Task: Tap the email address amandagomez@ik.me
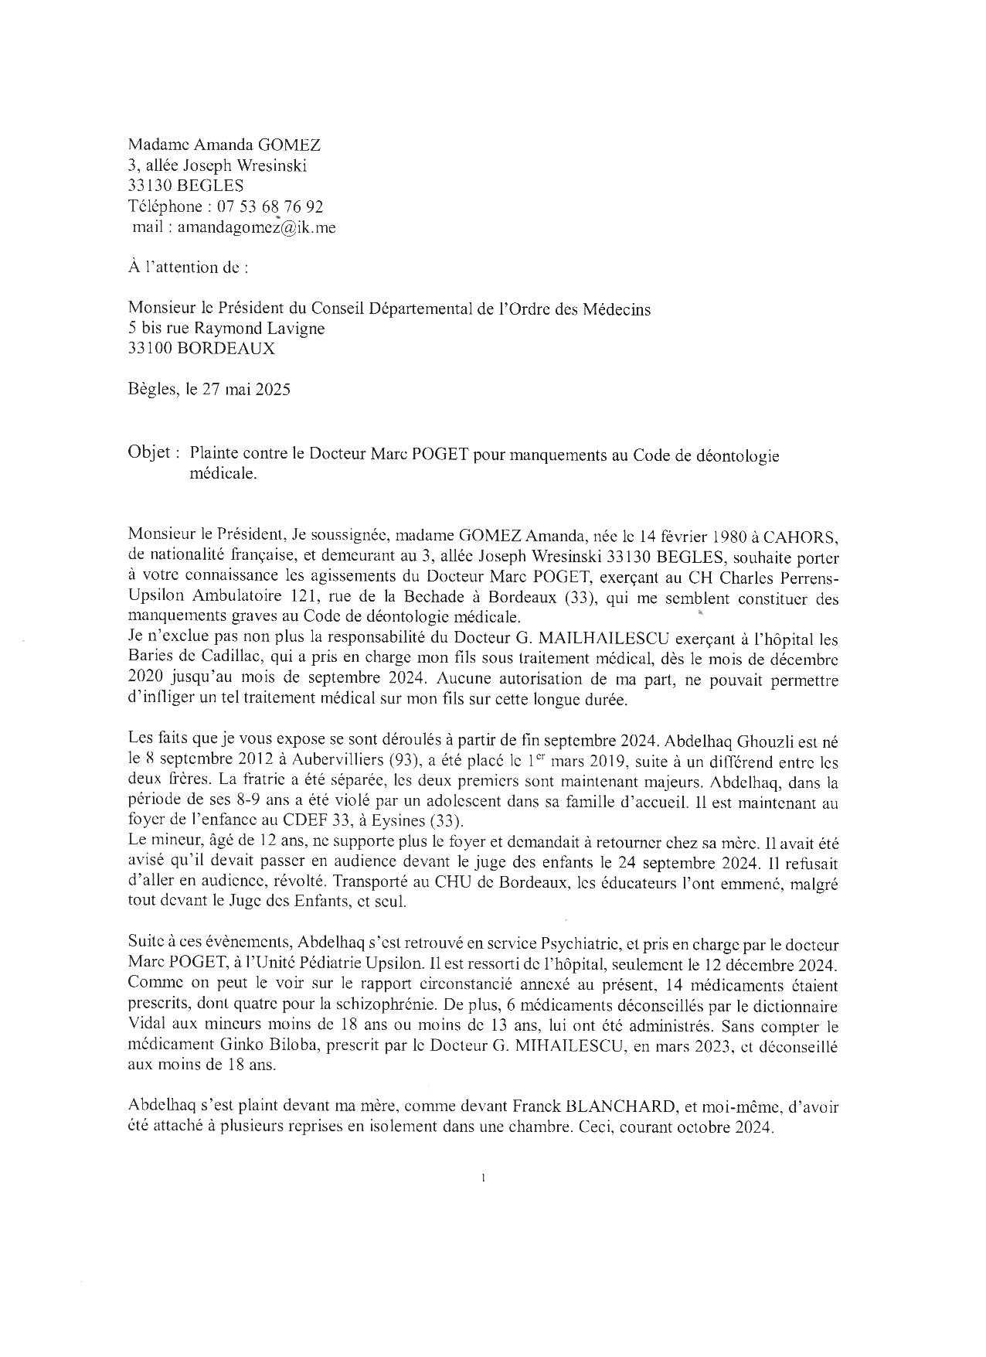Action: (257, 227)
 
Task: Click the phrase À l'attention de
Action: (189, 268)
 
